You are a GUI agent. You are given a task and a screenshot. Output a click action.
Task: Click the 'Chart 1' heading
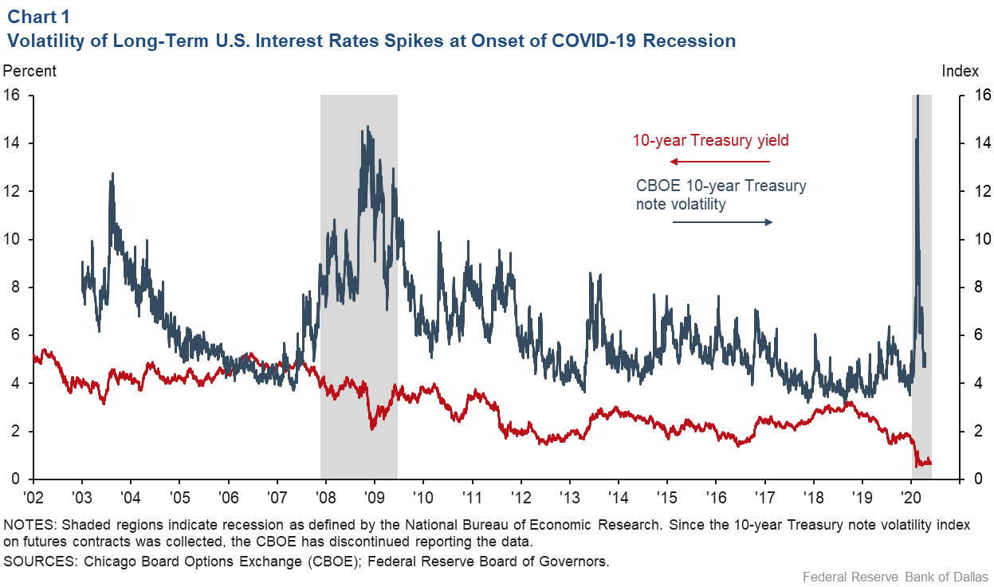click(38, 17)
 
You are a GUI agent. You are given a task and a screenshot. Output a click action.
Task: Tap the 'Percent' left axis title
click(29, 71)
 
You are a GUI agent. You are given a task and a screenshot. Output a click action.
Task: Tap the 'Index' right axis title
click(960, 71)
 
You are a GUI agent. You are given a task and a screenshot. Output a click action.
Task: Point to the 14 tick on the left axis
click(11, 143)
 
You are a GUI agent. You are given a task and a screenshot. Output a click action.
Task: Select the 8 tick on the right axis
click(978, 287)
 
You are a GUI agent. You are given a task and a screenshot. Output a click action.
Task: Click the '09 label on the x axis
click(375, 498)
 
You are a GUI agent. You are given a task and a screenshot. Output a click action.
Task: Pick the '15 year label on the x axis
click(667, 498)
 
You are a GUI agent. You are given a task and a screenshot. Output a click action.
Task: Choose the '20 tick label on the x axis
click(911, 498)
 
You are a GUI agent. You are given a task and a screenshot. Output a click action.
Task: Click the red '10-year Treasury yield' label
click(710, 140)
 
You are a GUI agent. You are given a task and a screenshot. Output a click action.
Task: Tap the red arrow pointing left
click(719, 162)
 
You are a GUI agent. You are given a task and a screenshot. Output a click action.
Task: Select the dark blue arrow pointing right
click(722, 222)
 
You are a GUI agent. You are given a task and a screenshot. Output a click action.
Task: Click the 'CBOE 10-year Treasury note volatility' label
click(721, 194)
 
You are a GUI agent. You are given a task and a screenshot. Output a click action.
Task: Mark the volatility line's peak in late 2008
click(367, 127)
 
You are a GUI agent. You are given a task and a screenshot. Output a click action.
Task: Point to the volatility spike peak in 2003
click(112, 174)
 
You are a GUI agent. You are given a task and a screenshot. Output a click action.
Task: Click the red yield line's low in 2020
click(917, 466)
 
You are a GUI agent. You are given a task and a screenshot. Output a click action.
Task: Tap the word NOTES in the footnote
click(29, 525)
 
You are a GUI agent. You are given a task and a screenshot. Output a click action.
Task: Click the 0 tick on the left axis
click(15, 479)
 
